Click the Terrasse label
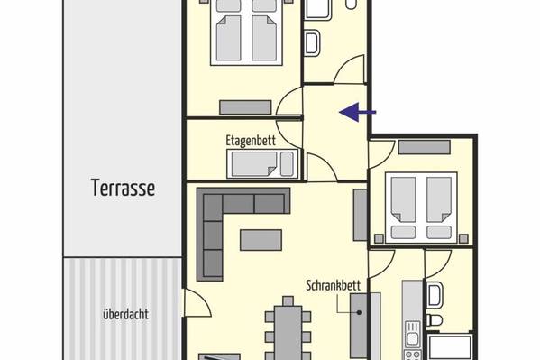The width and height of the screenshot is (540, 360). point(123,188)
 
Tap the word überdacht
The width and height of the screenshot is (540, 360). point(125,314)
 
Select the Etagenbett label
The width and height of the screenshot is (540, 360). point(251,141)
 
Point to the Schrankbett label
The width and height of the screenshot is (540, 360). point(334,285)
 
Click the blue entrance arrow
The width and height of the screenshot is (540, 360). point(358,112)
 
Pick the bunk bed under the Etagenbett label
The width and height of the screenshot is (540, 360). point(262,164)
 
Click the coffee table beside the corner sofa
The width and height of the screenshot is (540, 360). point(261,240)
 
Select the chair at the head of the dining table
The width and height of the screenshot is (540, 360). point(288,301)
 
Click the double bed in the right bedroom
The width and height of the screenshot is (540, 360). point(421,208)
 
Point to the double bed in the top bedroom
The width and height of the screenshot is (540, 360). point(247,32)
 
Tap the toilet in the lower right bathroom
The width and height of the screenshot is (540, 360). point(435,320)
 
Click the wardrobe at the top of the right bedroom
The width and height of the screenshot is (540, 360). point(425,147)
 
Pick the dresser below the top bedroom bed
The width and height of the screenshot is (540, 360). point(245,107)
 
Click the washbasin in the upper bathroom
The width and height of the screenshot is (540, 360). point(313,42)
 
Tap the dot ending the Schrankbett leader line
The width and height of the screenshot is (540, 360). point(359,313)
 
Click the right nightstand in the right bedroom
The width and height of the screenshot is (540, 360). point(464,238)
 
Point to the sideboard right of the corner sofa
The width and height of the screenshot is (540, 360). point(361,215)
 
